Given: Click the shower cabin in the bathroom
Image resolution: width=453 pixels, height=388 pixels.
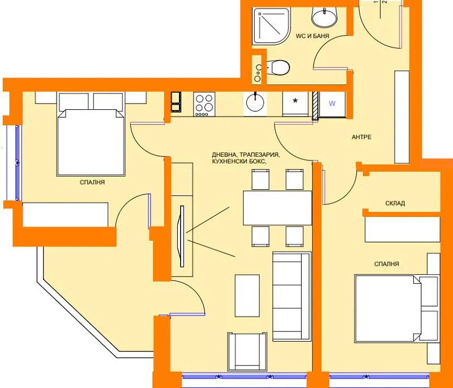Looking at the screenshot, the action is [x=271, y=26].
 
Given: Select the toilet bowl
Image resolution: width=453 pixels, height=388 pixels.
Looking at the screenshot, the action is [x=277, y=67].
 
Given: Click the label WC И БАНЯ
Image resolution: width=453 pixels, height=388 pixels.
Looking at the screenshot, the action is [x=313, y=36].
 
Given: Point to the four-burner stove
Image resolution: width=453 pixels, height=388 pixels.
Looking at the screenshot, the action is [x=204, y=104].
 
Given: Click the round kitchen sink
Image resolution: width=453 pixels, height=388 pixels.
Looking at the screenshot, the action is [x=255, y=103].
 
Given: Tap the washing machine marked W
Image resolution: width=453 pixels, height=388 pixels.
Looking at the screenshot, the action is [x=332, y=104].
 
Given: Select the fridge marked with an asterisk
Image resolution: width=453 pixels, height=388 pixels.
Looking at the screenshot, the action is [x=295, y=104].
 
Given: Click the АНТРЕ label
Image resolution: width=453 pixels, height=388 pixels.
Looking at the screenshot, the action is [x=361, y=137].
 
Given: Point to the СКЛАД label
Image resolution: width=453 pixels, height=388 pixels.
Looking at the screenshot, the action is [x=395, y=203].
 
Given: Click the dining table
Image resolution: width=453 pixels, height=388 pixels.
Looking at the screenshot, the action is [x=277, y=208].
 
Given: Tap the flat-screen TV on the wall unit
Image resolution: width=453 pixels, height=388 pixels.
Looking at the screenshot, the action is [x=182, y=236].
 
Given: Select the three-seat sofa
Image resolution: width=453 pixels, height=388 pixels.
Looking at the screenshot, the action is [x=292, y=296].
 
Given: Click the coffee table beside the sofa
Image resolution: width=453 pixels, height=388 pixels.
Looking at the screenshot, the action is [x=247, y=296].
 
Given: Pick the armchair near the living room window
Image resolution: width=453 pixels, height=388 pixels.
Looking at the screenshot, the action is [x=247, y=352].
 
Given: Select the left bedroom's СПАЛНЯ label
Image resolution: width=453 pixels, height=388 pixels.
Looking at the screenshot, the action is [x=92, y=182].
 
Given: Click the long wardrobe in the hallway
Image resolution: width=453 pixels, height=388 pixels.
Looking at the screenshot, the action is [x=402, y=117].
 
